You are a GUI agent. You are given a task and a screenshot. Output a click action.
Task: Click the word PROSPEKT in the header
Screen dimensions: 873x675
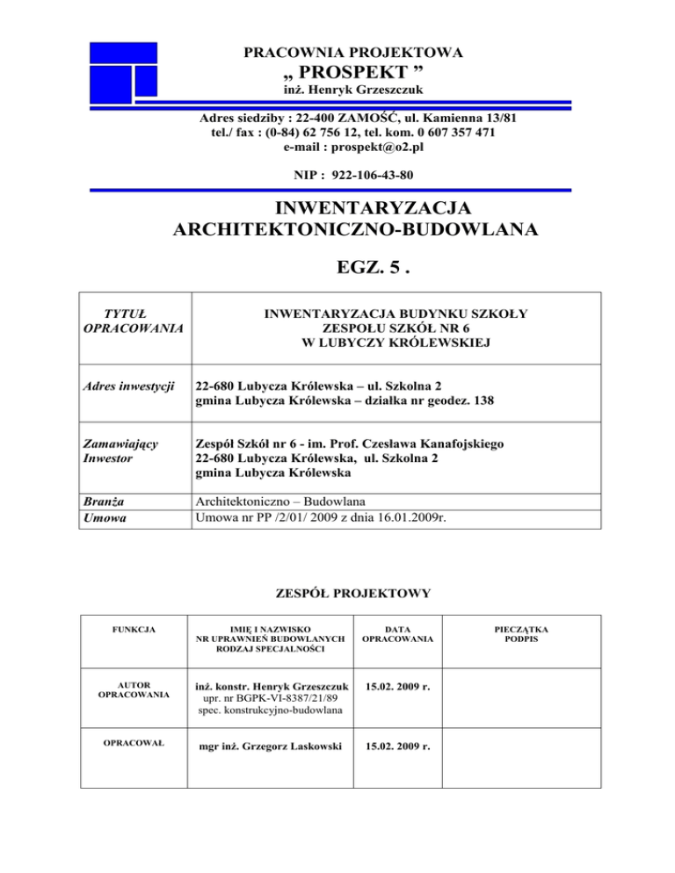(342, 73)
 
